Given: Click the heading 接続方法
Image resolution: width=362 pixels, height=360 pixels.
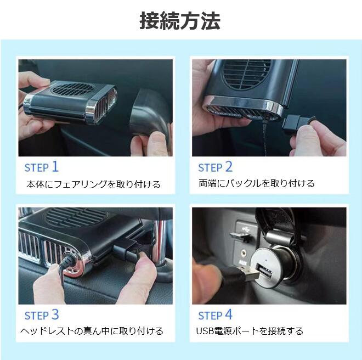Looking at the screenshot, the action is [180, 21].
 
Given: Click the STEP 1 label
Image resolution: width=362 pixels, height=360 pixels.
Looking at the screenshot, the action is [42, 167].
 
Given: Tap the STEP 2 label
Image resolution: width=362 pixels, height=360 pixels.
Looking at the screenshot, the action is [215, 167].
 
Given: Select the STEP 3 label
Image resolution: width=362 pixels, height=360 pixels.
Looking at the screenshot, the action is [42, 314].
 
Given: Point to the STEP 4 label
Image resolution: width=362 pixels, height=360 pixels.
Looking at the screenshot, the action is [215, 314].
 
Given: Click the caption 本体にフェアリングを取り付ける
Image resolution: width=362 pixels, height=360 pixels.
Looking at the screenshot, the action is [93, 184].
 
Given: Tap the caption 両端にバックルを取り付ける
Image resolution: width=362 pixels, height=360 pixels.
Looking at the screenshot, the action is [257, 183].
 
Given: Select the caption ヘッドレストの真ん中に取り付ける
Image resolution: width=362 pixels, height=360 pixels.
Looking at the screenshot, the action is [92, 331].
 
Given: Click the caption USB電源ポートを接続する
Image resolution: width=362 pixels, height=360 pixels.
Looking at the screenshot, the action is [250, 331].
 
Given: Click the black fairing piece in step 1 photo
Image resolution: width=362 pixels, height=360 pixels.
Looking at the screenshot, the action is [150, 113].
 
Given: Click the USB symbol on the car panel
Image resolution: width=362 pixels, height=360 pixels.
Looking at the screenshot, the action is [245, 228].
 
